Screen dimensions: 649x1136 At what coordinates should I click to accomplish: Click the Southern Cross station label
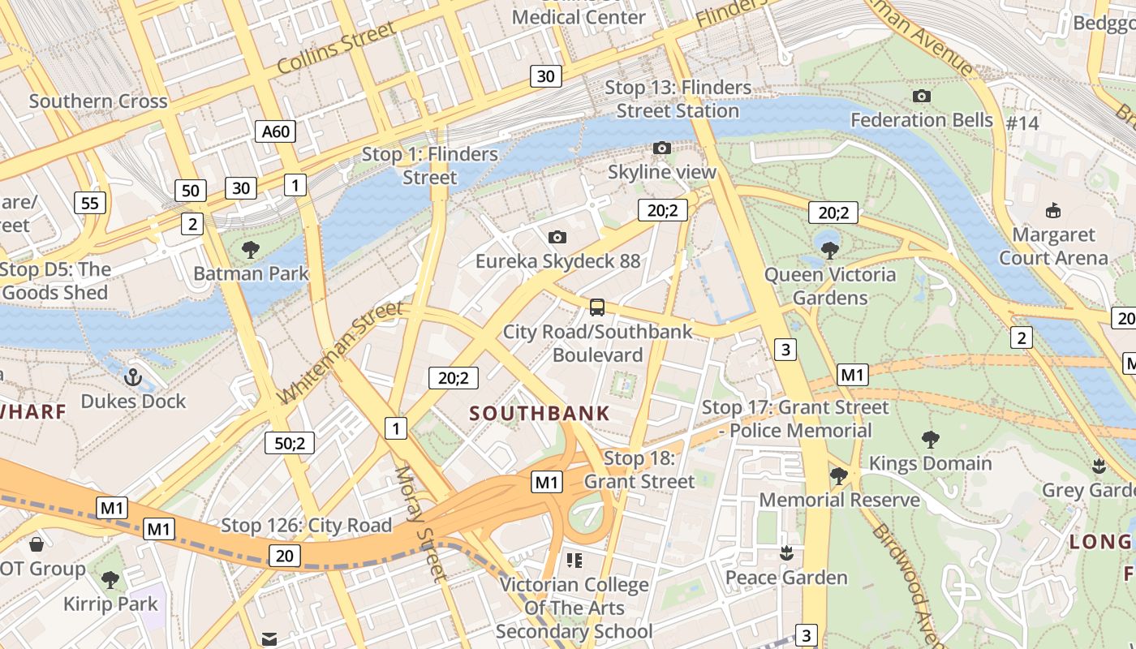pyautogui.click(x=98, y=101)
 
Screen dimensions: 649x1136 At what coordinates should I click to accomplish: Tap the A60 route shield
pyautogui.click(x=276, y=131)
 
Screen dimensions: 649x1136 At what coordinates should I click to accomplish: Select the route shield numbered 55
pyautogui.click(x=89, y=202)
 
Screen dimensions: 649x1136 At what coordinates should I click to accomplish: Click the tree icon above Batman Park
pyautogui.click(x=251, y=249)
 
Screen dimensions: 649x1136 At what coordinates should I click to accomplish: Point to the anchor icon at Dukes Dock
pyautogui.click(x=132, y=377)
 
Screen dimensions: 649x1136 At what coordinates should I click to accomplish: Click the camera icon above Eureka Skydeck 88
pyautogui.click(x=557, y=237)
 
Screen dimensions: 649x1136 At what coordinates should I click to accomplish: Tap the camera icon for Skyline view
pyautogui.click(x=662, y=148)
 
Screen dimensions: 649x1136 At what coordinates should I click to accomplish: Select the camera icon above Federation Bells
pyautogui.click(x=921, y=96)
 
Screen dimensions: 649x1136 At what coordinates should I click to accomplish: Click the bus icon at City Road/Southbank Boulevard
pyautogui.click(x=597, y=307)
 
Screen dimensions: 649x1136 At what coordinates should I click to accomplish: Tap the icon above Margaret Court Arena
pyautogui.click(x=1052, y=211)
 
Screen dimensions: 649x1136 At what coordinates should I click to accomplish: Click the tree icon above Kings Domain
pyautogui.click(x=931, y=440)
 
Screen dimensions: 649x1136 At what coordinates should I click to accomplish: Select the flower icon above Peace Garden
pyautogui.click(x=785, y=554)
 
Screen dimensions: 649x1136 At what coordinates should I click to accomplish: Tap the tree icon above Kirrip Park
pyautogui.click(x=110, y=580)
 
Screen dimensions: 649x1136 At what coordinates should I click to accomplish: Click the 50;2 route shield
pyautogui.click(x=290, y=443)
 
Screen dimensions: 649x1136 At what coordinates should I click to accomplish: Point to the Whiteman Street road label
pyautogui.click(x=340, y=353)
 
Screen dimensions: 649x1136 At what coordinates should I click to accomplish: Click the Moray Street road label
pyautogui.click(x=420, y=523)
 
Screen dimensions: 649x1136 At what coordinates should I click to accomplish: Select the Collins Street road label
pyautogui.click(x=336, y=48)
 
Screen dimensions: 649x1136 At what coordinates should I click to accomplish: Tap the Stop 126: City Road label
pyautogui.click(x=307, y=526)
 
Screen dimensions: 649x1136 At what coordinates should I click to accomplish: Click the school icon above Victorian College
pyautogui.click(x=574, y=560)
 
